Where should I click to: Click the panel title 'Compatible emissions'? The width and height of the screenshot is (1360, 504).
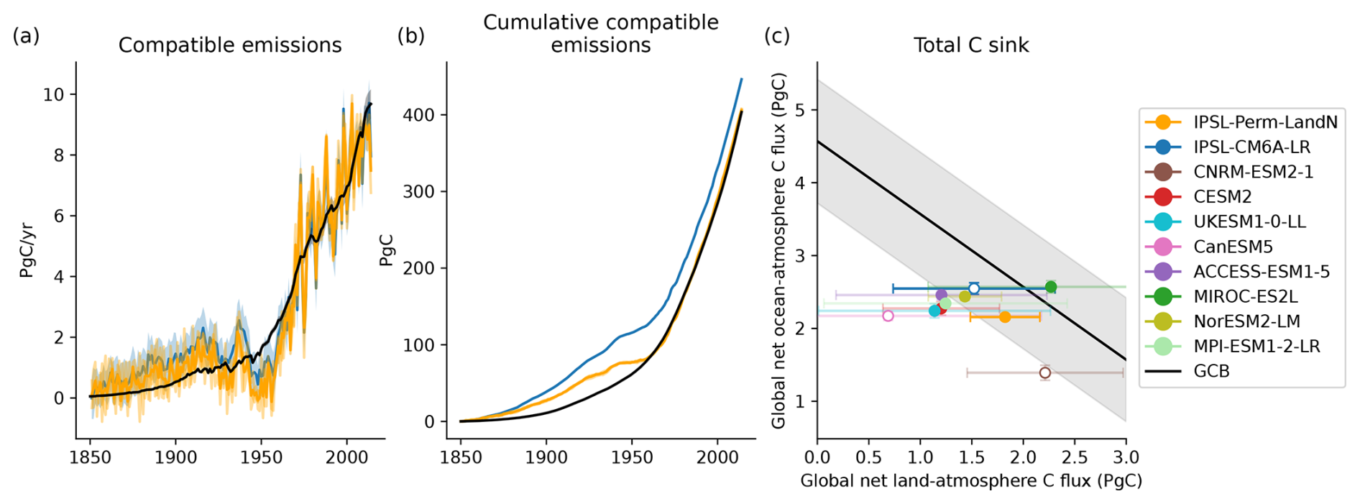click(x=230, y=45)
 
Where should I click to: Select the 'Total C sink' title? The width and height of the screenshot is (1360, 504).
click(x=971, y=45)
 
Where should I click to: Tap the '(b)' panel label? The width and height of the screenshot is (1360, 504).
click(x=410, y=35)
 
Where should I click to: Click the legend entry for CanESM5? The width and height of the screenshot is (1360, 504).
click(x=1233, y=247)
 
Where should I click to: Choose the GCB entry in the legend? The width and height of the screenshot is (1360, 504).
click(x=1211, y=371)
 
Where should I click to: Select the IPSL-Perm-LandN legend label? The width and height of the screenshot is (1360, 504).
click(x=1265, y=122)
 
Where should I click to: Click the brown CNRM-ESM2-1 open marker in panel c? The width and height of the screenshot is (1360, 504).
click(x=1045, y=372)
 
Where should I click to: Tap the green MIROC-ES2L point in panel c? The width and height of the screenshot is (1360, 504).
click(x=1051, y=287)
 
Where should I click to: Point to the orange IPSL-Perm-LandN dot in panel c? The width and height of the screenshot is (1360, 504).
click(x=1005, y=317)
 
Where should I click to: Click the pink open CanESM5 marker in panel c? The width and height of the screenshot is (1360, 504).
click(x=888, y=316)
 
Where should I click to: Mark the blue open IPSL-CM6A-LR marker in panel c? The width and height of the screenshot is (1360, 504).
click(x=974, y=288)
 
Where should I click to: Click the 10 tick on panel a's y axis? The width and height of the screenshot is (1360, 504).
click(x=53, y=95)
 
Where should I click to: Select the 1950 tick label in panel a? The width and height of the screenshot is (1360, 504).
click(x=261, y=458)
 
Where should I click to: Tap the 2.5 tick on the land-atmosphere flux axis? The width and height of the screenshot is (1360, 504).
click(x=1074, y=458)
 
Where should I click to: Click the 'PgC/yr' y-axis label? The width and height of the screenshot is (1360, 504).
click(x=27, y=249)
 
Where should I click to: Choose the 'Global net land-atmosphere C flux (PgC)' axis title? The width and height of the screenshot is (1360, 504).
click(x=971, y=481)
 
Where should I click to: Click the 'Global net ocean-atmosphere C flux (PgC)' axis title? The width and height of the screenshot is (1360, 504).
click(x=778, y=249)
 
